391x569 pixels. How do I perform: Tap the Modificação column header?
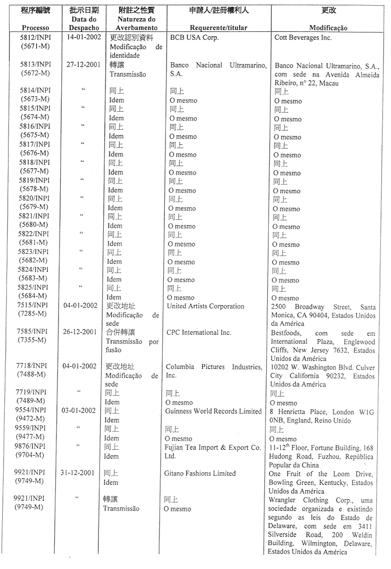pyautogui.click(x=328, y=28)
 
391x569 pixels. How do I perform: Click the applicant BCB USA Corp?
pyautogui.click(x=194, y=38)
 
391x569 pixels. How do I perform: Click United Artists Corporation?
pyautogui.click(x=205, y=306)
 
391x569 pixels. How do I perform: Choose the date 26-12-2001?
pyautogui.click(x=79, y=332)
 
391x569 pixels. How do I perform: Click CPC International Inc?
pyautogui.click(x=199, y=332)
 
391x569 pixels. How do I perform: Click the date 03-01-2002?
pyautogui.click(x=78, y=410)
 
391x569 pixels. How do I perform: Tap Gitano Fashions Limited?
pyautogui.click(x=199, y=473)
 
